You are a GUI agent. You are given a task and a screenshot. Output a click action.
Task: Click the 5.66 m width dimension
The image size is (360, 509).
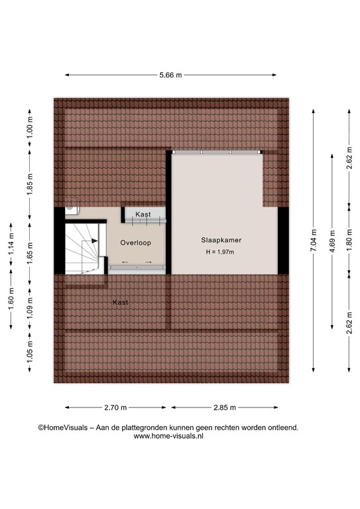170,75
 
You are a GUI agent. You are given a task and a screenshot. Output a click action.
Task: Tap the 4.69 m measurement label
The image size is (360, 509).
331,241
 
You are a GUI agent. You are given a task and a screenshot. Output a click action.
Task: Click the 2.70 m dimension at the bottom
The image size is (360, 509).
117,408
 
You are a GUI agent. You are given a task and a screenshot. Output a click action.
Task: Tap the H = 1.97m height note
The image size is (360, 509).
221,253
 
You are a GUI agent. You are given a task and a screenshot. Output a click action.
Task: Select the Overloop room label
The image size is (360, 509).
135,243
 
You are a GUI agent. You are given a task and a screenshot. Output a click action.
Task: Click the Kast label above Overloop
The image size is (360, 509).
143,215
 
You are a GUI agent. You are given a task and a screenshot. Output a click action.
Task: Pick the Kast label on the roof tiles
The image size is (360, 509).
120,302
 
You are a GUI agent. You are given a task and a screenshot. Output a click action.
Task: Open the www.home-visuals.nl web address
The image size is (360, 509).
168,437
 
